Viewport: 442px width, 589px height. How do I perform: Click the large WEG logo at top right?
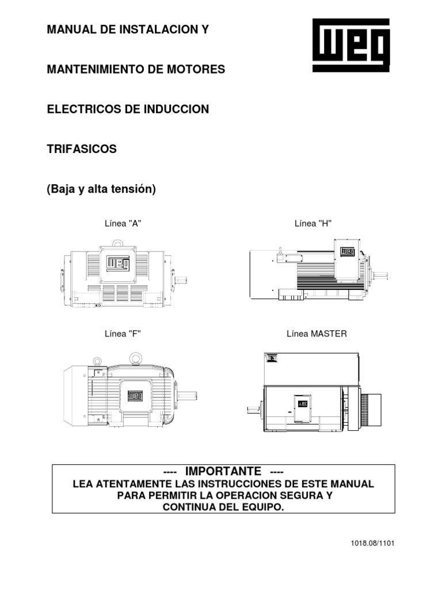[351, 45]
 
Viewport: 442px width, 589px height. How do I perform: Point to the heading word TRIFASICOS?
[82, 148]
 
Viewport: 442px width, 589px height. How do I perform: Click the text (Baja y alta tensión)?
[101, 189]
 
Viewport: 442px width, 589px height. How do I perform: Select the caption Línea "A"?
[123, 224]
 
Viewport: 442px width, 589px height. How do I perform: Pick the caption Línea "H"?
[314, 224]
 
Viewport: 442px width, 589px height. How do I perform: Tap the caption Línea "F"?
[123, 334]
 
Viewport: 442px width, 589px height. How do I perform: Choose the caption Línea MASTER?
[317, 334]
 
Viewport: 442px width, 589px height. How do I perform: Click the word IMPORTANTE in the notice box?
[223, 471]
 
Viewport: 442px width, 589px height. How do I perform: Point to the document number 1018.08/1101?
[373, 543]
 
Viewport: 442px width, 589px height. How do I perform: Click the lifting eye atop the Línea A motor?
[119, 243]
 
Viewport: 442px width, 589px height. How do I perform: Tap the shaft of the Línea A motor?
[181, 281]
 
